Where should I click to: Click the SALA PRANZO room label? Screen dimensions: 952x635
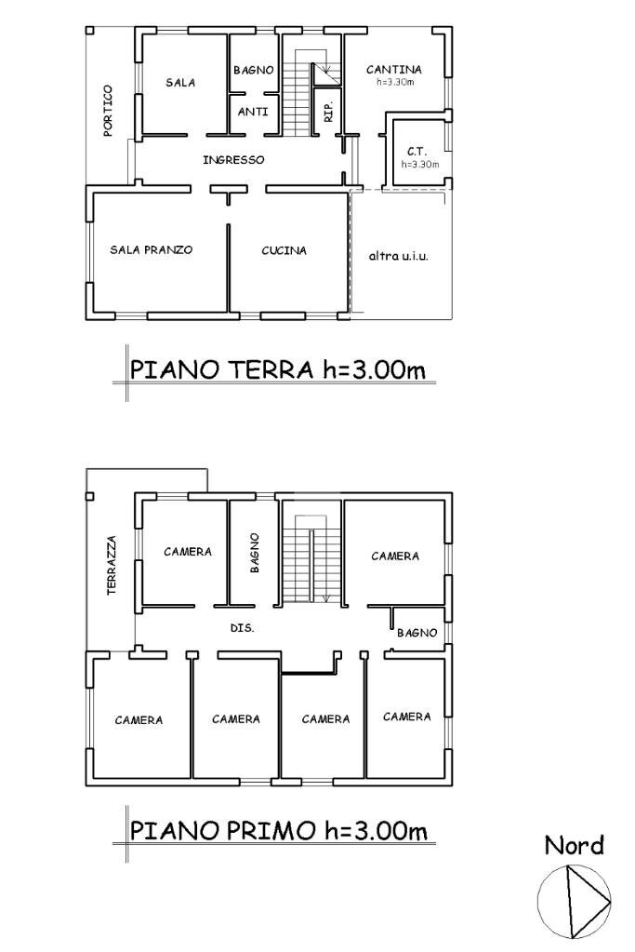click(151, 250)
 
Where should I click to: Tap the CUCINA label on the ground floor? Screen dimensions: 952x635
click(284, 250)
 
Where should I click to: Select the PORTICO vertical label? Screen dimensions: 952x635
click(109, 111)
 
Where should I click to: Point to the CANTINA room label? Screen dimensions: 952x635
click(393, 70)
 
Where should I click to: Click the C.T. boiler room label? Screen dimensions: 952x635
click(417, 152)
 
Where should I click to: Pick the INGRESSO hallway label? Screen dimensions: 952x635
click(233, 160)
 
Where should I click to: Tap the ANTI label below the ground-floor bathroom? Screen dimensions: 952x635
click(254, 112)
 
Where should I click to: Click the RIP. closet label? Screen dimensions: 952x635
click(328, 113)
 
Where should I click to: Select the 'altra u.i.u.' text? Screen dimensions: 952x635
click(399, 255)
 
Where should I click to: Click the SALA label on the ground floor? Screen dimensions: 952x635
click(180, 83)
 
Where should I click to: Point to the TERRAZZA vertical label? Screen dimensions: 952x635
click(112, 565)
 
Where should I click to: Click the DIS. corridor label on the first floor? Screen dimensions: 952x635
click(242, 628)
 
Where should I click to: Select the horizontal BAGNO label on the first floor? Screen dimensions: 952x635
click(417, 633)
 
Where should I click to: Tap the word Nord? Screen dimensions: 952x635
click(574, 845)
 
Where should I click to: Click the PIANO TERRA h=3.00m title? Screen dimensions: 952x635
click(277, 369)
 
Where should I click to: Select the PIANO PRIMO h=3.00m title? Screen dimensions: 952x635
click(279, 829)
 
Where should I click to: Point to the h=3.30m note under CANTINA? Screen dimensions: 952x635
click(394, 82)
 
